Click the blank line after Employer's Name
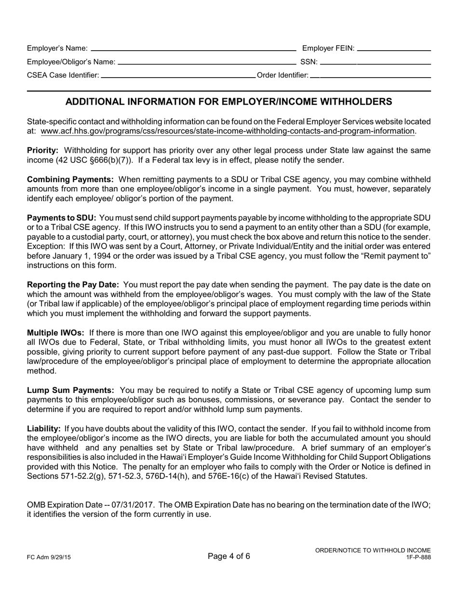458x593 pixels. tap(193, 48)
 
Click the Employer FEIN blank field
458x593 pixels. tap(394, 48)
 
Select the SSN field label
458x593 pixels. tap(309, 62)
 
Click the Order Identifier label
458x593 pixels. tap(283, 75)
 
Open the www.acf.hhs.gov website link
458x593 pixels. tap(228, 131)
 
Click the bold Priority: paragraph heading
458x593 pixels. tap(42, 150)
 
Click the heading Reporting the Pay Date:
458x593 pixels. tap(73, 285)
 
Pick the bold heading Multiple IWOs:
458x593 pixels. tap(55, 333)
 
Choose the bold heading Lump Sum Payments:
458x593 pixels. tap(70, 390)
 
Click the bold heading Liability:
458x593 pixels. tap(43, 429)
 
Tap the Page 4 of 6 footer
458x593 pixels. tap(229, 556)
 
